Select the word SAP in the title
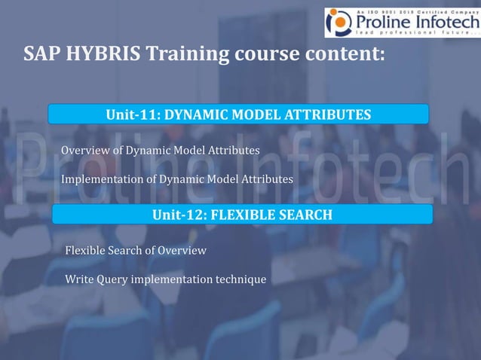pos(41,55)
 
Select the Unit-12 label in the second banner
pos(179,215)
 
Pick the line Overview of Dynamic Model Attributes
pos(161,150)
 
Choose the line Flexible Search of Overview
pos(136,250)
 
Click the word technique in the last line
pos(240,280)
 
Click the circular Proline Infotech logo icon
pos(338,23)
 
